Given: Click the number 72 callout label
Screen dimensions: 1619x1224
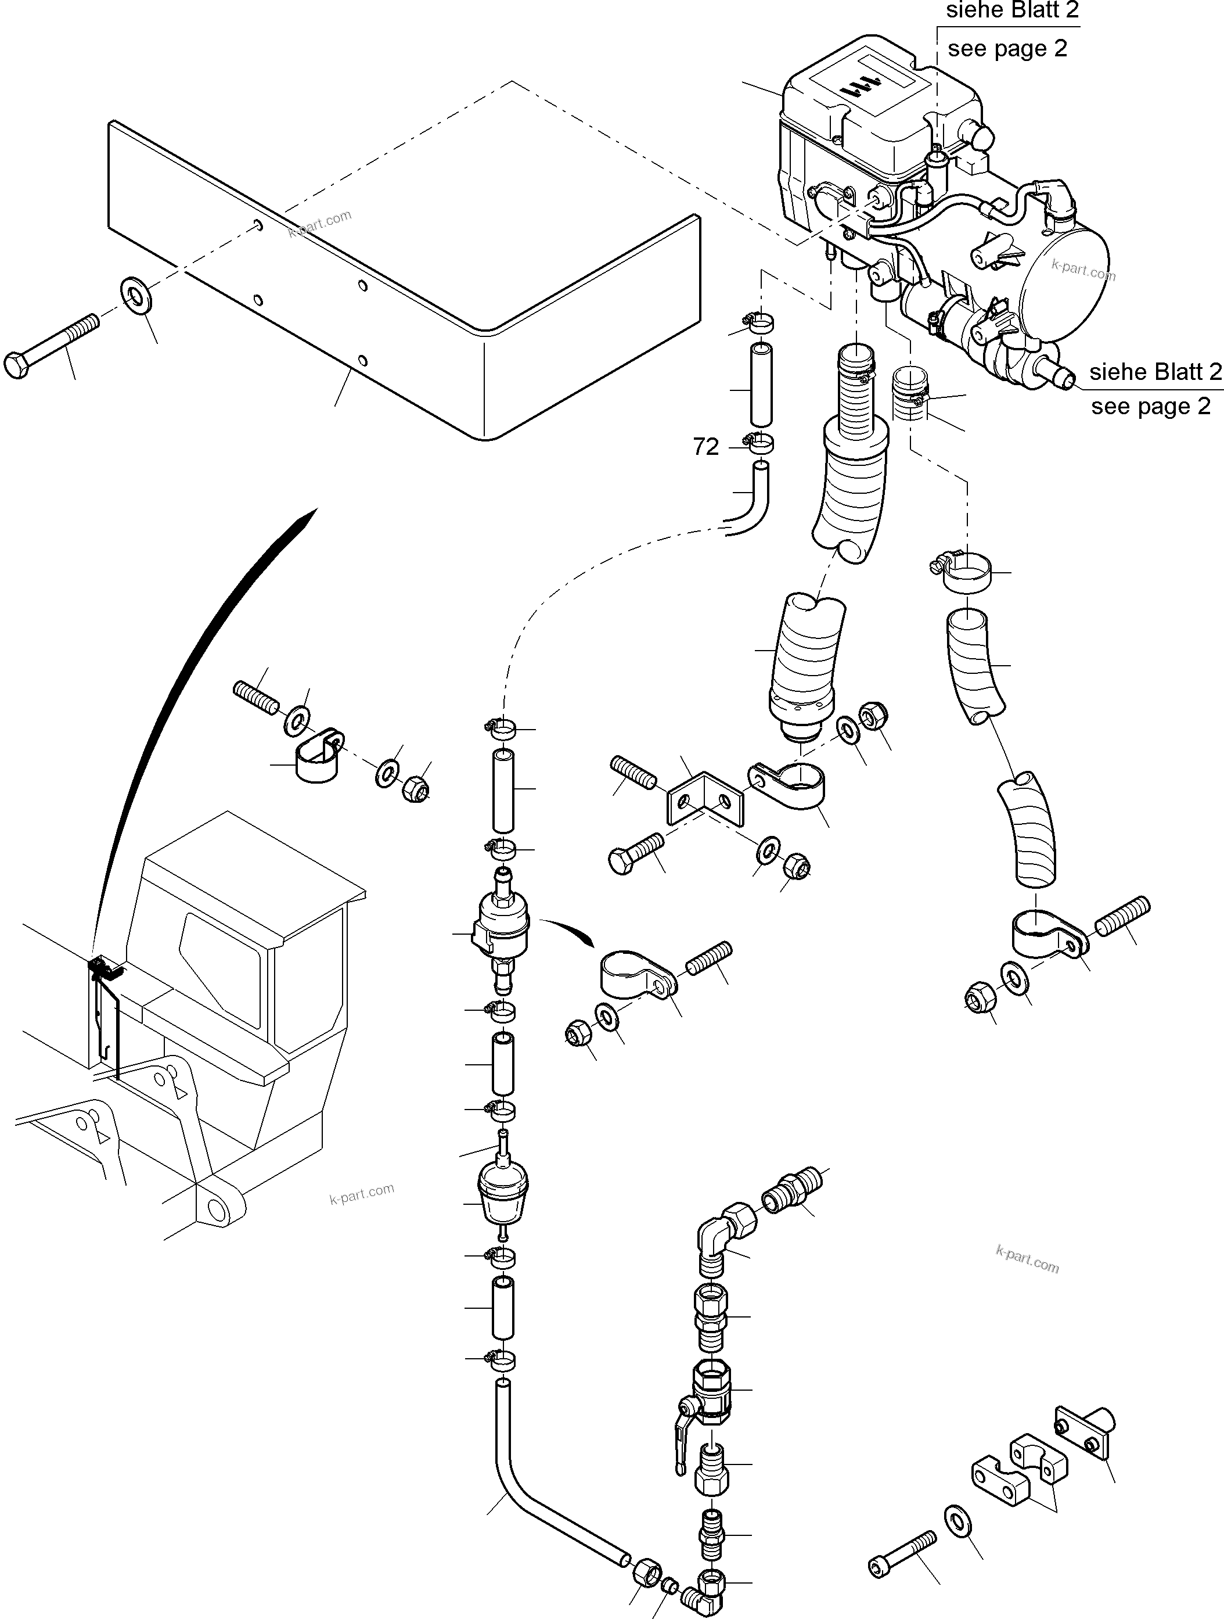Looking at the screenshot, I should (x=705, y=447).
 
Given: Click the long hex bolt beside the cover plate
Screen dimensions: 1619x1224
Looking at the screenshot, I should (x=51, y=346).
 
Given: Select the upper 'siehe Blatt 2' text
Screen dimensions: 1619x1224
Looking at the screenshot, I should (x=1012, y=10).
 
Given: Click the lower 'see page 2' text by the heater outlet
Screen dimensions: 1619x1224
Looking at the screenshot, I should (x=1150, y=406).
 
